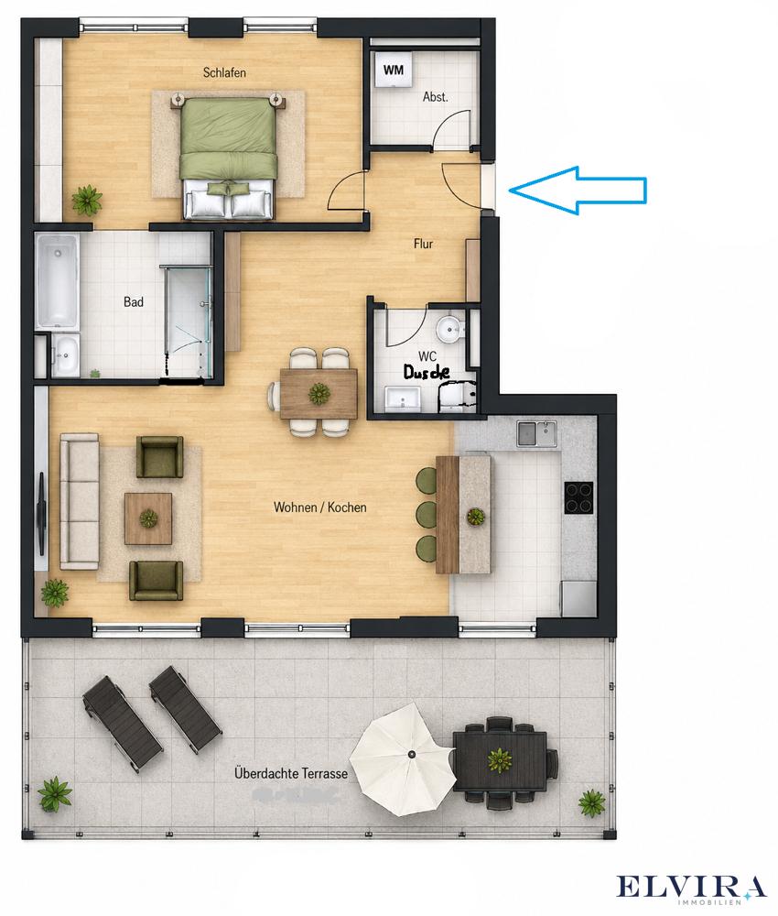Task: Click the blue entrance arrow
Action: click(x=578, y=190)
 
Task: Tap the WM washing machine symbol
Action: click(x=394, y=70)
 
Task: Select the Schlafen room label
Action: click(x=224, y=73)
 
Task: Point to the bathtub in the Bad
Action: click(x=57, y=280)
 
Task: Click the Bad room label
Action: click(x=134, y=302)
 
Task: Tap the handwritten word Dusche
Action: click(x=427, y=372)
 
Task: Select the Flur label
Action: click(x=423, y=243)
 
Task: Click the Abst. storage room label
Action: click(x=436, y=97)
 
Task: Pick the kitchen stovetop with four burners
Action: click(x=578, y=497)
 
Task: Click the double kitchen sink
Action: click(x=536, y=433)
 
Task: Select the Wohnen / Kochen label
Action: click(x=320, y=507)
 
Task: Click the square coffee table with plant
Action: click(x=148, y=518)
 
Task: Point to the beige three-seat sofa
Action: click(x=79, y=501)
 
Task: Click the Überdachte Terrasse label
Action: click(x=291, y=773)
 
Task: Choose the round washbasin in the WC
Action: click(x=450, y=330)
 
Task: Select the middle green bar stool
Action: click(x=426, y=513)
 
